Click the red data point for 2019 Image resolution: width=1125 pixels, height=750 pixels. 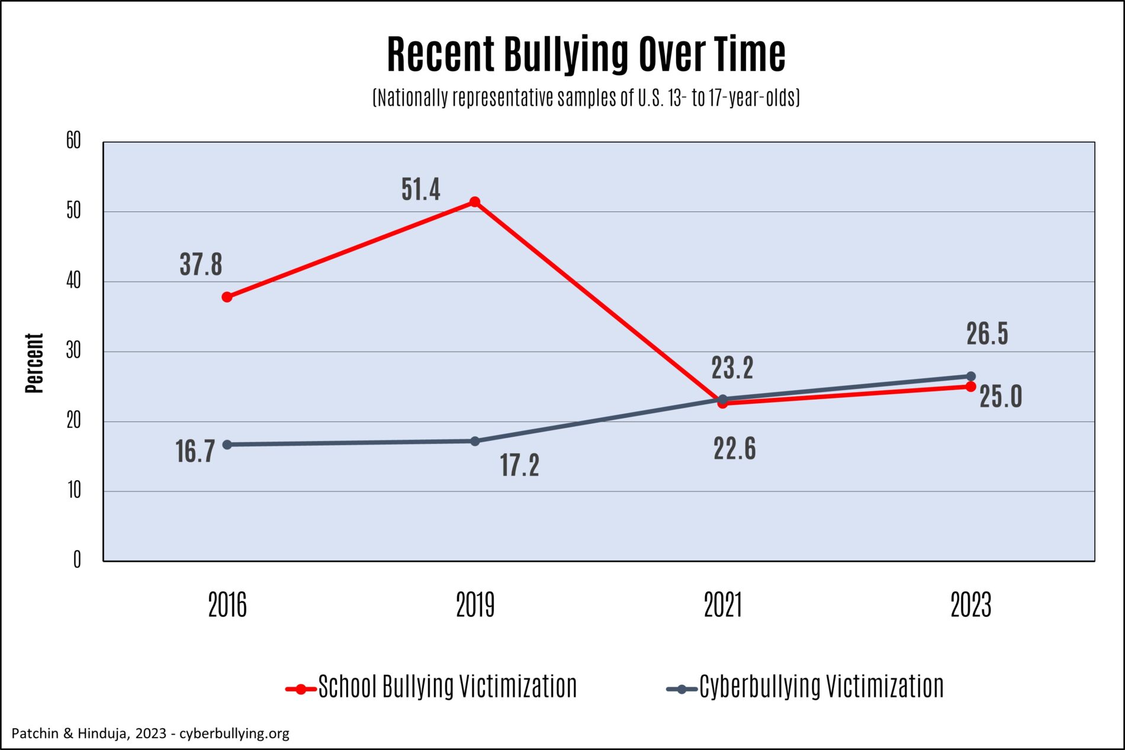(474, 202)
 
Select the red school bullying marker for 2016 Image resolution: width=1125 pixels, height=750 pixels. (227, 297)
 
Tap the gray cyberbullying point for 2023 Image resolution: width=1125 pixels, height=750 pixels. (970, 376)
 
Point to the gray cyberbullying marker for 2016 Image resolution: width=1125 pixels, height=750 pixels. (227, 445)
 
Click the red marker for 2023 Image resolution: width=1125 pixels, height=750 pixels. (970, 387)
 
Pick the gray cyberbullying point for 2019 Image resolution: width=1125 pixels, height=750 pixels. (474, 441)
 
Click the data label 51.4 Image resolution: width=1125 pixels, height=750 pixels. (420, 190)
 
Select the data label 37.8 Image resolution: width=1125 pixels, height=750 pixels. (201, 265)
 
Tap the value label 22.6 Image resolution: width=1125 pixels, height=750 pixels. (734, 449)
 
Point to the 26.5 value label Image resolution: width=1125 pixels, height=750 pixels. (987, 334)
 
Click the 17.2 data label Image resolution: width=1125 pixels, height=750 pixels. (519, 465)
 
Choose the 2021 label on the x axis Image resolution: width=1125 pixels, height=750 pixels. (722, 606)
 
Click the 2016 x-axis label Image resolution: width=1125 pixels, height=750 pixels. (227, 606)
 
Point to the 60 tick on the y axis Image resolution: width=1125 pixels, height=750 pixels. (73, 141)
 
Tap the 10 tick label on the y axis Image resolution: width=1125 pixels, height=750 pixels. (73, 490)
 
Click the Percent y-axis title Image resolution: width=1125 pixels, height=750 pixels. (34, 363)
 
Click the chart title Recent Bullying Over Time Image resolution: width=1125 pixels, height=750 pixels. (586, 54)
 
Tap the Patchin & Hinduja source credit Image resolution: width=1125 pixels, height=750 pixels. (150, 733)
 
